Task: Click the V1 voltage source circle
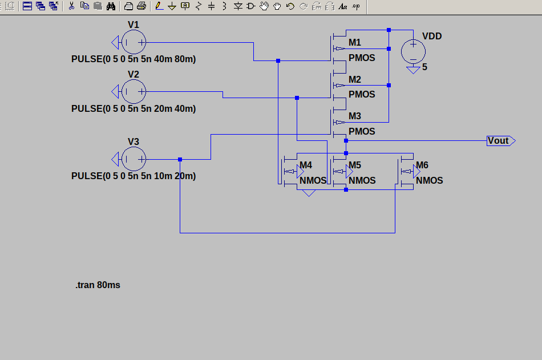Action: point(134,42)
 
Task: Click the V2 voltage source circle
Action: point(134,91)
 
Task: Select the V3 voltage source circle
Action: point(134,159)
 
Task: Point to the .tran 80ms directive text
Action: point(98,285)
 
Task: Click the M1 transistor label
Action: point(355,43)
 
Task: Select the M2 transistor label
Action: point(355,79)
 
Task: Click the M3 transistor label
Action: point(355,116)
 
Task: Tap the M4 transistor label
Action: point(306,165)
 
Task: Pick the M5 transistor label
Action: point(355,165)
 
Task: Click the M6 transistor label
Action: point(422,165)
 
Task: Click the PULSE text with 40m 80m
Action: point(134,59)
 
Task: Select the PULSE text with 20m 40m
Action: point(134,109)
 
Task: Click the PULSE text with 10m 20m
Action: point(134,176)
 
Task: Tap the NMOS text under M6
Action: point(429,181)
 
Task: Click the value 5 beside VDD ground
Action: point(424,67)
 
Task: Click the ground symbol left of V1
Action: point(115,42)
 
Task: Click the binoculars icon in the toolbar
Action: point(111,6)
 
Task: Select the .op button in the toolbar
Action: point(355,6)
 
